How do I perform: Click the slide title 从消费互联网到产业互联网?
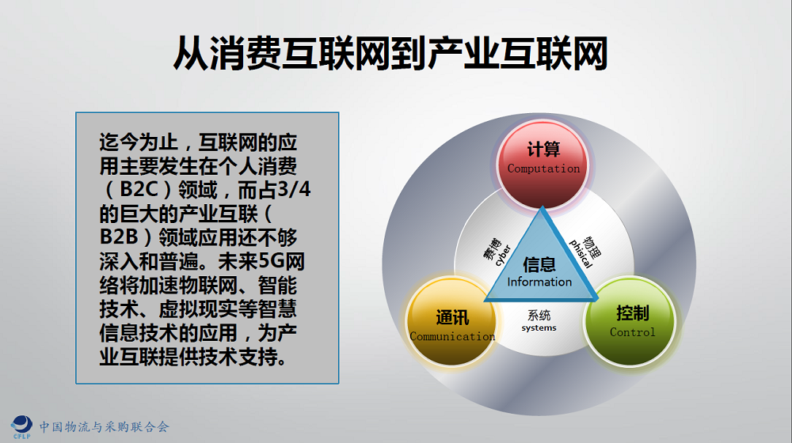click(390, 54)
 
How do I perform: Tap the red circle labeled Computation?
click(543, 165)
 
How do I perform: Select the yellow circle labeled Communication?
click(451, 321)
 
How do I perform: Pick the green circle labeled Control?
click(630, 321)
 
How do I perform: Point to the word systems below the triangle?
click(539, 328)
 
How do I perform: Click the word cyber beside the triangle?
click(503, 256)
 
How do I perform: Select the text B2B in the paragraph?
click(120, 237)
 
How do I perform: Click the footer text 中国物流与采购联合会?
click(104, 427)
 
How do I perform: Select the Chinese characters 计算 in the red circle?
click(543, 150)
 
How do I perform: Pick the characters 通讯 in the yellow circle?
click(452, 318)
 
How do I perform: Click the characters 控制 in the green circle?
click(632, 313)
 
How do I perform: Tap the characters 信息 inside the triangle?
click(539, 264)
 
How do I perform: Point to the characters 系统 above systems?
click(539, 316)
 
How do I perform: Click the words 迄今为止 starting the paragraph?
click(139, 142)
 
